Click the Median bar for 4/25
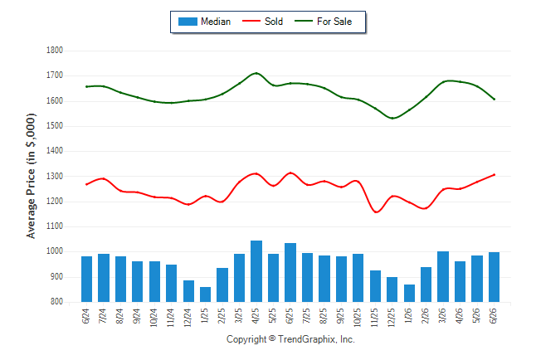pos(256,271)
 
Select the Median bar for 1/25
pos(206,294)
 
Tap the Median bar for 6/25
pos(290,272)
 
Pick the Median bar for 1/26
pos(409,293)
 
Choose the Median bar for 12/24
pos(188,291)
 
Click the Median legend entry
pos(204,22)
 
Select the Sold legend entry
pos(262,22)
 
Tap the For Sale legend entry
pos(323,22)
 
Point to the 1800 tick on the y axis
pos(55,51)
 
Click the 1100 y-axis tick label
pos(55,226)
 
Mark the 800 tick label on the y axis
pos(56,302)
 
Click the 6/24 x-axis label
pos(85,316)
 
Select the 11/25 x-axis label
pos(375,318)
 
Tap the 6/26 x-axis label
pos(494,316)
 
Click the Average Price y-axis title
pos(31,176)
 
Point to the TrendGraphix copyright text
pos(290,339)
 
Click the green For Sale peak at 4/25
pos(256,73)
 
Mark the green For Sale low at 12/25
pos(392,119)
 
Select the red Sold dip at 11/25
pos(376,212)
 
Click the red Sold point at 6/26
pos(494,175)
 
